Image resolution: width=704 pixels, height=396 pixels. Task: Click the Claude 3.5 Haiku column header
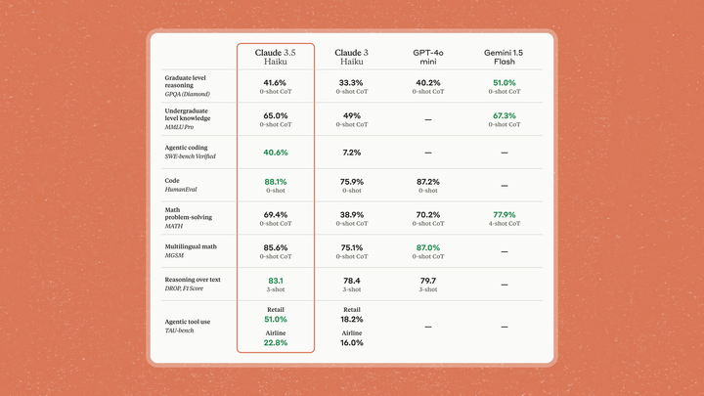[x=275, y=56]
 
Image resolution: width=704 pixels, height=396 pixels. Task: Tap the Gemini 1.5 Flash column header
[x=505, y=56]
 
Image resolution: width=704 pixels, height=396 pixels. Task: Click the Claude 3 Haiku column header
[x=351, y=56]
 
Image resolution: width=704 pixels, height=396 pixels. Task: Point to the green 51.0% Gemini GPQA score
[x=505, y=83]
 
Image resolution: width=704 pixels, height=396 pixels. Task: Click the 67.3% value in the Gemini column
[x=505, y=116]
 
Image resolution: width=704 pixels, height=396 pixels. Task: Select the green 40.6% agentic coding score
[x=276, y=153]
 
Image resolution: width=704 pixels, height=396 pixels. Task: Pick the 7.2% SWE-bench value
[x=351, y=153]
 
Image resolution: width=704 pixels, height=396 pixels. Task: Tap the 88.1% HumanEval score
[x=276, y=181]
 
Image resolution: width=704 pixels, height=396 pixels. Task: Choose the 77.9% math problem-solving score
[x=505, y=214]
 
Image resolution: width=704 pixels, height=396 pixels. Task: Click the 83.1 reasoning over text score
[x=276, y=281]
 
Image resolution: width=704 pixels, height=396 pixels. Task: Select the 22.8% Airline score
[x=276, y=343]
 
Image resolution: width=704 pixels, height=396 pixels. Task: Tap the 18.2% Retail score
[x=351, y=320]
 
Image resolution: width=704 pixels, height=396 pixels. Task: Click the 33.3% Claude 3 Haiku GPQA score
[x=351, y=83]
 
